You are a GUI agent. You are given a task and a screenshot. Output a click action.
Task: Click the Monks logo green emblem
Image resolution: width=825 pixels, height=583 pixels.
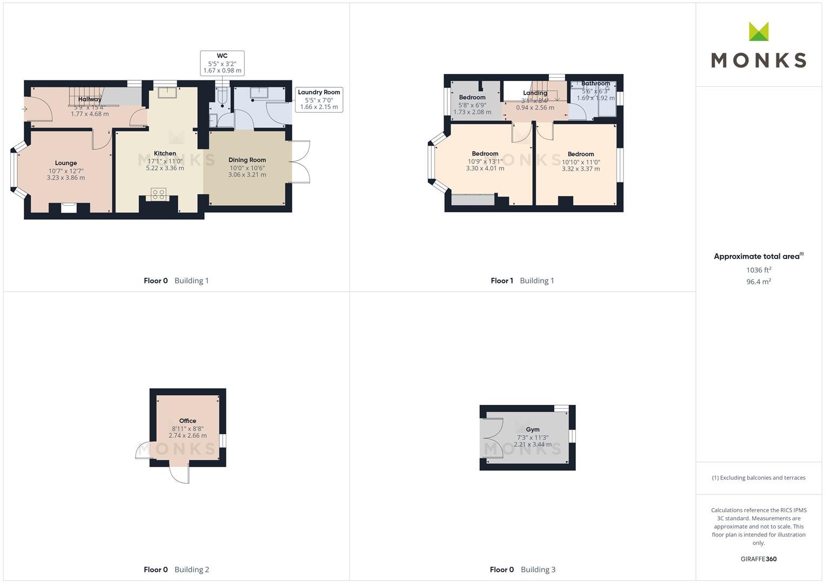tap(759, 31)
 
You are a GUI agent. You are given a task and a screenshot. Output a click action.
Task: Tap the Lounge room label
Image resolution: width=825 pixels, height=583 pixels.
tap(66, 163)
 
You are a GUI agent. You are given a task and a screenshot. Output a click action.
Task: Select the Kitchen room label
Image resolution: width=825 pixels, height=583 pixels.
tap(165, 153)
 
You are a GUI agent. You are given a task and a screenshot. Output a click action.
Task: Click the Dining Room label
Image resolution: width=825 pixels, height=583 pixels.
tap(247, 160)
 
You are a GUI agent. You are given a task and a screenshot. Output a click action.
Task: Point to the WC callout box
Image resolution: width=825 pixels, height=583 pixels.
tap(222, 63)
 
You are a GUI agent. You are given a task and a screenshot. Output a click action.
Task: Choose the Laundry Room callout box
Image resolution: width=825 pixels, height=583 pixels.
tap(319, 100)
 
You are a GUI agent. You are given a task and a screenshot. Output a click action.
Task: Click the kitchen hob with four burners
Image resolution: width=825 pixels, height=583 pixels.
tap(158, 194)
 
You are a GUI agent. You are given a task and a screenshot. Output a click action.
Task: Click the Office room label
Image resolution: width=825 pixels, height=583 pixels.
tap(187, 421)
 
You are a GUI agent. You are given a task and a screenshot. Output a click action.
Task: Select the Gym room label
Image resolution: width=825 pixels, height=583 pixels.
tap(533, 430)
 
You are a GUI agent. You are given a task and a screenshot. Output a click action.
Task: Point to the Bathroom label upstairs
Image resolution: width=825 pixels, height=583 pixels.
tap(595, 84)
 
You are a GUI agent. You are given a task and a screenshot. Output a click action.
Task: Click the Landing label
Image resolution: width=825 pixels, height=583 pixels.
tap(535, 93)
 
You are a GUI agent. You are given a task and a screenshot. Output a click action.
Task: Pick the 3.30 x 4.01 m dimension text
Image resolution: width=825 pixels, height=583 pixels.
tap(485, 168)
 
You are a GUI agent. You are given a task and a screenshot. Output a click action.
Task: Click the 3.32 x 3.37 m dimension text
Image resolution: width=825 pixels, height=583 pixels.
tap(581, 169)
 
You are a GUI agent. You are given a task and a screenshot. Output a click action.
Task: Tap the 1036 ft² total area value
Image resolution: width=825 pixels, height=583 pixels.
tap(759, 270)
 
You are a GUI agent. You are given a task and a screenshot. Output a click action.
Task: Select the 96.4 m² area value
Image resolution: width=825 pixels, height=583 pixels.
tap(759, 282)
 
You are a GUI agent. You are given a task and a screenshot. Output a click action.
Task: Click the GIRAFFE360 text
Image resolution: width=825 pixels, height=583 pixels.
tap(759, 559)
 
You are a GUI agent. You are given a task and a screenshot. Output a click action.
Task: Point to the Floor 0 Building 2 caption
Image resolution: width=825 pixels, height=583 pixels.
tap(177, 570)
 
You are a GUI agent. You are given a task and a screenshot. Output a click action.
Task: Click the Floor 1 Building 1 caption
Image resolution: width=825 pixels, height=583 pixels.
tap(522, 281)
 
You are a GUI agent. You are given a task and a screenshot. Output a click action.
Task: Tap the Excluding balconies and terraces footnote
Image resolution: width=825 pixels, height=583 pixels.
tap(759, 478)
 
